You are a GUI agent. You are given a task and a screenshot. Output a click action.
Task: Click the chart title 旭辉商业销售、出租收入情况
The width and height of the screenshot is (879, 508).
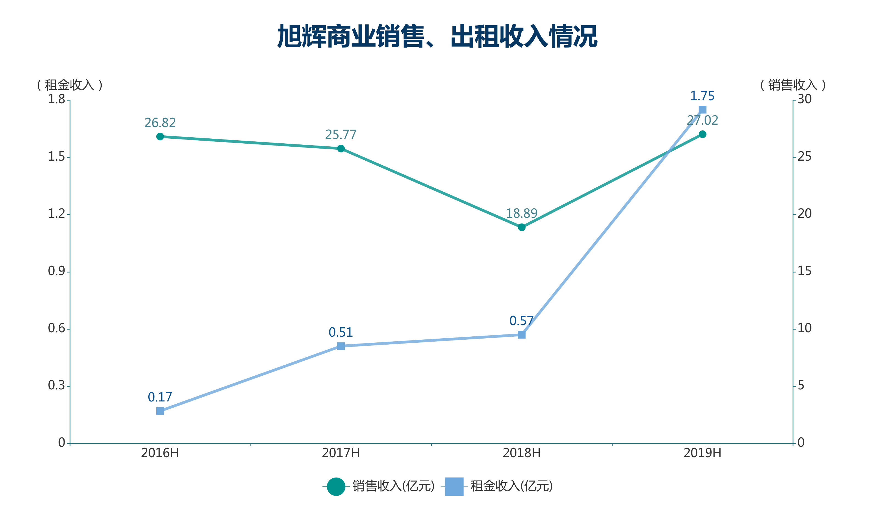click(437, 36)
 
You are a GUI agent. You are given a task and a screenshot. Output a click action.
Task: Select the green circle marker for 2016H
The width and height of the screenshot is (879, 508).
click(160, 137)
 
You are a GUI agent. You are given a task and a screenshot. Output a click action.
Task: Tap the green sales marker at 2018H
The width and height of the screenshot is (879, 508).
click(522, 227)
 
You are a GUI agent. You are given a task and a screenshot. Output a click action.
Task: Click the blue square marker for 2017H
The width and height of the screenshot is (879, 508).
click(341, 346)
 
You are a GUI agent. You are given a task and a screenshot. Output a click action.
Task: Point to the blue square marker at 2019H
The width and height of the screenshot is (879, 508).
click(702, 110)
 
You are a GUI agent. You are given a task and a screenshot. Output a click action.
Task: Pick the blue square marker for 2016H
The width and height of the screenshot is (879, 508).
click(160, 411)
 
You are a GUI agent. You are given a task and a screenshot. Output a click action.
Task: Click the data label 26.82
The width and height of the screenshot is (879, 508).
click(160, 123)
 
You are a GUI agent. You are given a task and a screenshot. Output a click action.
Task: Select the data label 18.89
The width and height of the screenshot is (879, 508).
click(522, 213)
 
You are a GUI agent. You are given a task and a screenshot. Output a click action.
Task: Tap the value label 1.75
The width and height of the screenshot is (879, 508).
click(702, 96)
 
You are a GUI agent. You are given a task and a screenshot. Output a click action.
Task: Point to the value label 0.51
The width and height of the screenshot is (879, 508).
click(341, 332)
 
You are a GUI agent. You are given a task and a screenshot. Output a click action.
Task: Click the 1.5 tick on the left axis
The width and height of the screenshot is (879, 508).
click(57, 157)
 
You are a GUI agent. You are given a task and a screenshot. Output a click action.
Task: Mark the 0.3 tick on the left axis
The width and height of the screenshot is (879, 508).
click(57, 385)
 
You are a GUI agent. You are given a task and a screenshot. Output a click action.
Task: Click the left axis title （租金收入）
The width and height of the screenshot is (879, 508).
click(70, 85)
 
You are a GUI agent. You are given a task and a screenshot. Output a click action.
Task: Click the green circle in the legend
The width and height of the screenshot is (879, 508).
click(336, 486)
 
